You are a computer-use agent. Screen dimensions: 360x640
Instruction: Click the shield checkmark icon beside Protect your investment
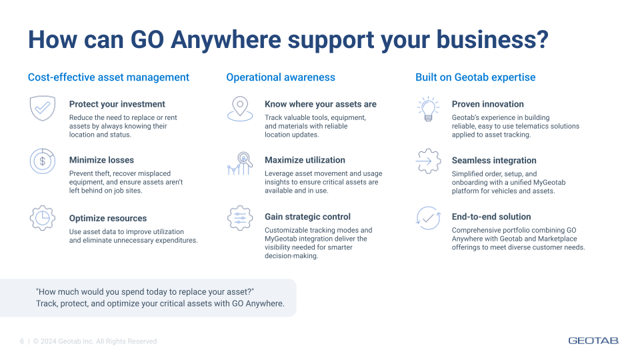coord(41,107)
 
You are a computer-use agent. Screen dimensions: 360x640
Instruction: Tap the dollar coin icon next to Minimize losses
coord(41,161)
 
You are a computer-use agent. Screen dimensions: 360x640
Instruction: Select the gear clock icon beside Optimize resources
coord(41,218)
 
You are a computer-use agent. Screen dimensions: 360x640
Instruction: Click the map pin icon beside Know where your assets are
coord(240,108)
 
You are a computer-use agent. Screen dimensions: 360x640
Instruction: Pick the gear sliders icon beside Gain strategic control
coord(240,218)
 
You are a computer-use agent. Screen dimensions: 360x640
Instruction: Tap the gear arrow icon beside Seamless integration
coord(427,161)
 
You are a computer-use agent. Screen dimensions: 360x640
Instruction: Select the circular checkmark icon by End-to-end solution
coord(427,218)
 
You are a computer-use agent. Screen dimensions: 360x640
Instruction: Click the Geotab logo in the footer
coord(594,341)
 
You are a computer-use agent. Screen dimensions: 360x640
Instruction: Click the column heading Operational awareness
coord(281,77)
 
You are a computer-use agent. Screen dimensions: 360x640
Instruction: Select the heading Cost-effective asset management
coord(109,77)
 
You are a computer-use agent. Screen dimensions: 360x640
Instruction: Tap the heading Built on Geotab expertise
coord(475,77)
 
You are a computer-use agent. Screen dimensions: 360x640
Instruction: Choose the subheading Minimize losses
coord(101,160)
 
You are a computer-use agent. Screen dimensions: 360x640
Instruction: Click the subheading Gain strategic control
coord(307,217)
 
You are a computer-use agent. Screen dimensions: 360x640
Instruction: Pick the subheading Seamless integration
coord(494,161)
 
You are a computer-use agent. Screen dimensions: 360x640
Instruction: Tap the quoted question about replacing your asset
coord(145,292)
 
